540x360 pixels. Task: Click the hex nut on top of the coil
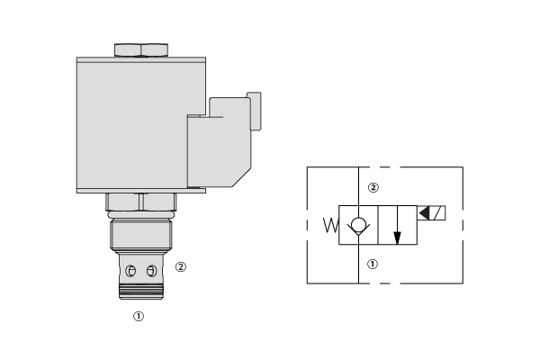coord(141,50)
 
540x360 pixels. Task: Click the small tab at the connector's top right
coord(255,111)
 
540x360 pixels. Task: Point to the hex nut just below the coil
coord(141,202)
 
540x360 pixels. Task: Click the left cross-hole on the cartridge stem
coord(130,271)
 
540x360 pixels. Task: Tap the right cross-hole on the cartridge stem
coord(151,271)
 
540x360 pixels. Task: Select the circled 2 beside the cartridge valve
coord(181,267)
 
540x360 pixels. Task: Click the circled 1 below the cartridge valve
coord(139,316)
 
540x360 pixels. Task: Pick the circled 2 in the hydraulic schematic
coord(373,188)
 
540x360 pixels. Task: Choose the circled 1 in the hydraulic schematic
coord(373,265)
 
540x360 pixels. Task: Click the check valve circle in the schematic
coord(358,225)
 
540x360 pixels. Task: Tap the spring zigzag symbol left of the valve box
coord(331,225)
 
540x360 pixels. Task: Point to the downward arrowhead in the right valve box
coord(397,238)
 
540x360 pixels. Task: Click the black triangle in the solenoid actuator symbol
coord(424,213)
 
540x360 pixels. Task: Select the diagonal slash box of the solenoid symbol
coord(437,213)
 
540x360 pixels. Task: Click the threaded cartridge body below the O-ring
coord(141,234)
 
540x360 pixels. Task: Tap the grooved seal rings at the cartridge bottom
coord(141,292)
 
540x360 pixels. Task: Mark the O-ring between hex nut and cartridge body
coord(141,215)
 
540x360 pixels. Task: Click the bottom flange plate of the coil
coord(141,191)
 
